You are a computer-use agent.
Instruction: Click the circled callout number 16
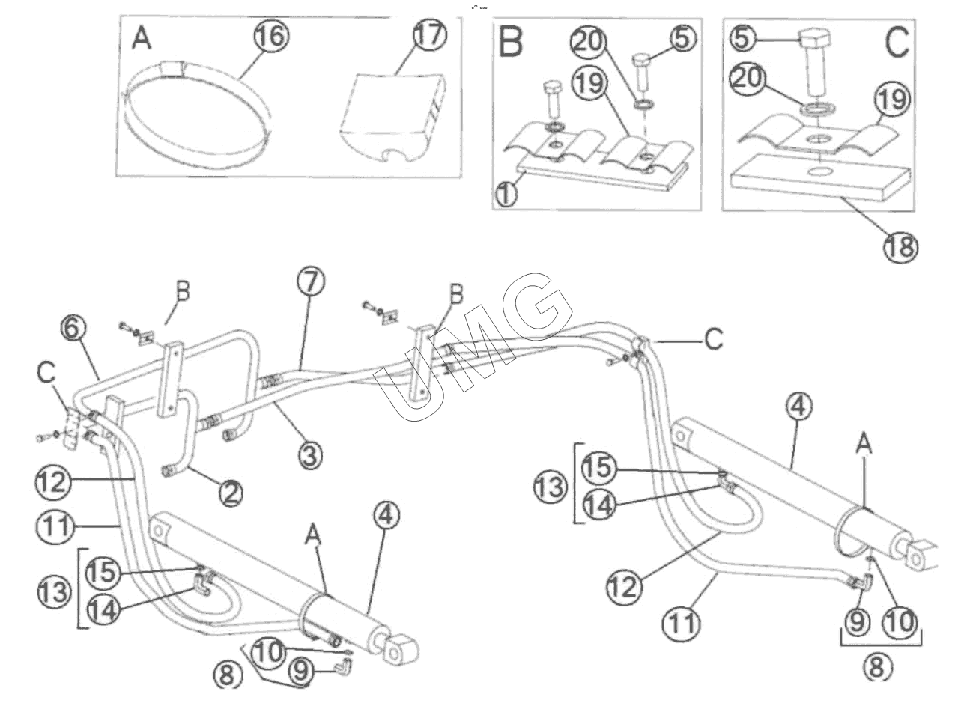[x=272, y=36]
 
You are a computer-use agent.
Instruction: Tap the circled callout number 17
[x=430, y=34]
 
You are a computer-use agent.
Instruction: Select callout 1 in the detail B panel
[x=506, y=195]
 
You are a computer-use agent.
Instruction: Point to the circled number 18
[x=900, y=246]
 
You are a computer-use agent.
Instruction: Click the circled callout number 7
[x=311, y=282]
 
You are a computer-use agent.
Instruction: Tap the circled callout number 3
[x=309, y=454]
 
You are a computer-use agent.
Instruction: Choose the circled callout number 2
[x=231, y=493]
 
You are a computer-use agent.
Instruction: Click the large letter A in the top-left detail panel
[x=142, y=40]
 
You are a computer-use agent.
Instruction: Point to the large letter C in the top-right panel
[x=897, y=43]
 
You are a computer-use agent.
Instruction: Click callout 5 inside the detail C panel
[x=742, y=38]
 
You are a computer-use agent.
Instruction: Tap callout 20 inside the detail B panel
[x=589, y=41]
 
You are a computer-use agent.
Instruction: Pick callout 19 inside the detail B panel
[x=589, y=84]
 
